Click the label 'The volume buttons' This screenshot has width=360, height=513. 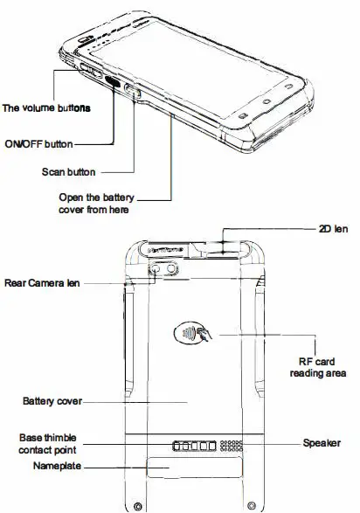coord(47,109)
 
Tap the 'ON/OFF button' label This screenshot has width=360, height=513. coord(38,142)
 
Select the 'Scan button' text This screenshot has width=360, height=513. coord(68,171)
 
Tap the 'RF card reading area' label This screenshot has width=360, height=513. coord(319,367)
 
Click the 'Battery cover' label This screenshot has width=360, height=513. coord(52,401)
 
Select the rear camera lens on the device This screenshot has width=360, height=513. coord(159,273)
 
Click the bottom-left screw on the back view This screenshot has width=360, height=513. coord(137,505)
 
